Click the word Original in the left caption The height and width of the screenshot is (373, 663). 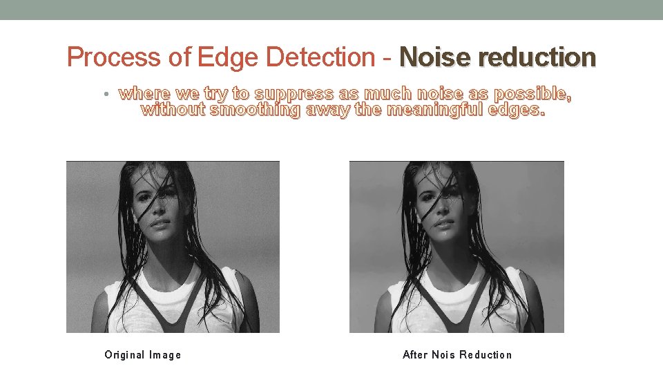tap(124, 355)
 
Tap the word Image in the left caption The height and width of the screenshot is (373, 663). tap(165, 355)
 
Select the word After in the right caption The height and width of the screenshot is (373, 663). tap(415, 355)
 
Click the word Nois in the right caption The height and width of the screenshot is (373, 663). tap(443, 355)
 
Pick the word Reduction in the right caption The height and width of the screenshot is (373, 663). tap(486, 355)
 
